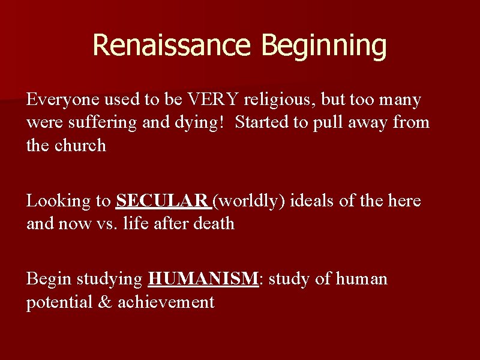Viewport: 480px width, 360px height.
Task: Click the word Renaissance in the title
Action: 163,46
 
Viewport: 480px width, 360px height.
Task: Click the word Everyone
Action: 61,99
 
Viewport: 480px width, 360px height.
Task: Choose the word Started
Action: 262,123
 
